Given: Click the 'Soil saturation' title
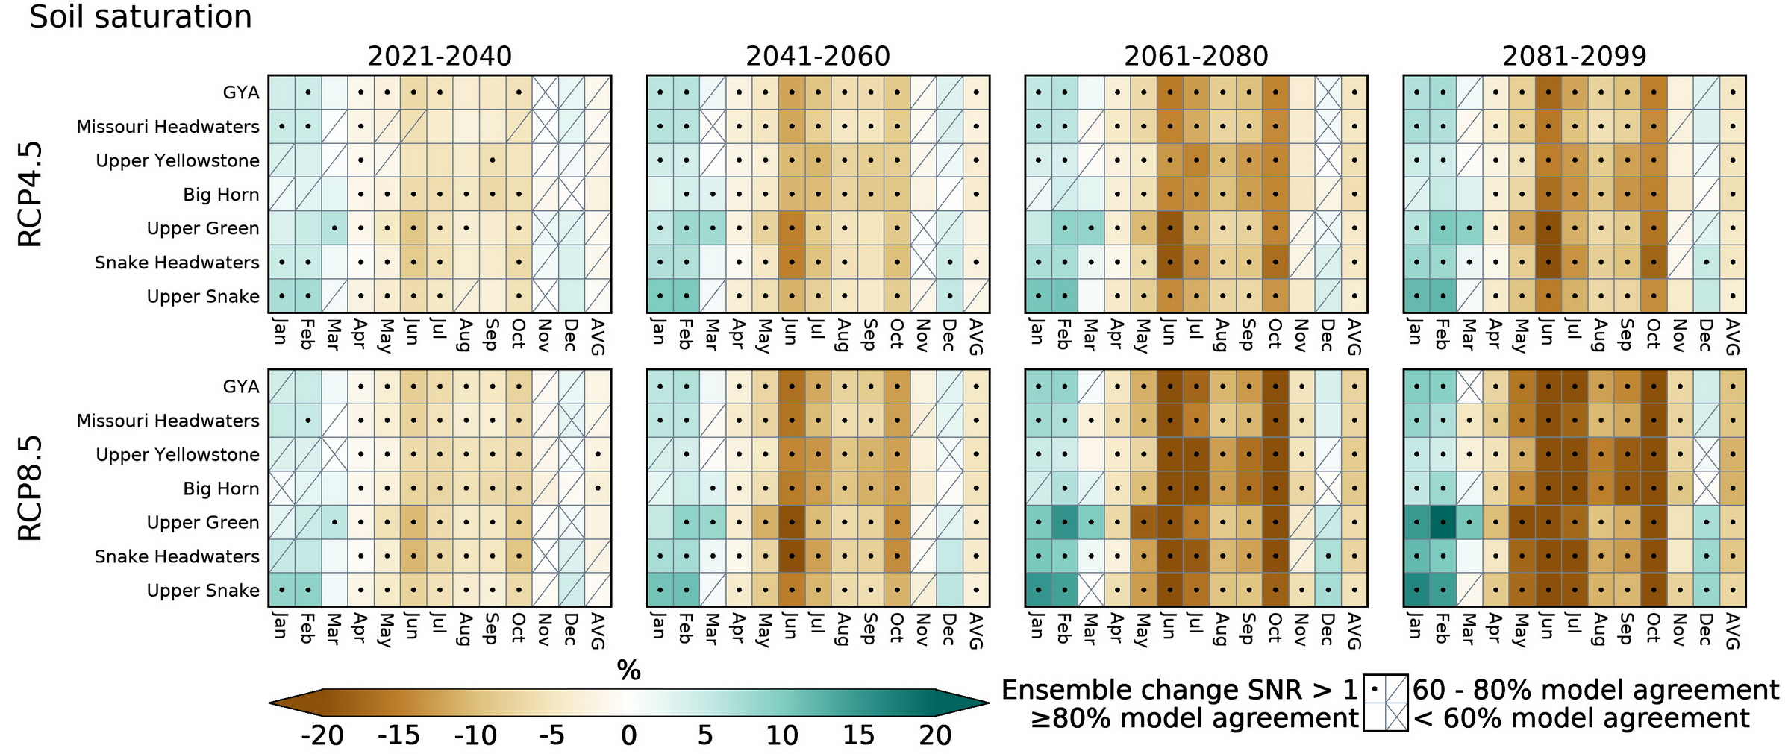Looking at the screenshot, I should click(x=140, y=17).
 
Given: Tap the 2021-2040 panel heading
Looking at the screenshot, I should click(x=440, y=57).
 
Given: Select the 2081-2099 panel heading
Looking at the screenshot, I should click(x=1575, y=57).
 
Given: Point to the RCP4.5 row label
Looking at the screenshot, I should click(x=31, y=194).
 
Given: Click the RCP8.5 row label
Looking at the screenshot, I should click(x=31, y=488).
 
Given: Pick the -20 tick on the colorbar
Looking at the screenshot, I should click(x=322, y=736).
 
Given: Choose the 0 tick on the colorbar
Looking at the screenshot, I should click(x=628, y=736).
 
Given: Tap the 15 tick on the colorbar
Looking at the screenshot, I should click(x=858, y=736).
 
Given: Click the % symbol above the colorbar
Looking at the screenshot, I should click(x=628, y=671).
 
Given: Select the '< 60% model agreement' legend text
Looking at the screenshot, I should click(x=1581, y=719).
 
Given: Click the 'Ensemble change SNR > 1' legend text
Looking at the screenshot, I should click(x=1179, y=691).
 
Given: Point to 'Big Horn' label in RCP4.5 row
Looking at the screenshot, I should click(x=221, y=195).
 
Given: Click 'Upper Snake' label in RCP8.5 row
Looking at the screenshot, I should click(x=203, y=591).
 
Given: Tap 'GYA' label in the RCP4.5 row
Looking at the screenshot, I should click(x=241, y=92).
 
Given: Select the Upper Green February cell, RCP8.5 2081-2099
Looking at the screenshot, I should click(x=1443, y=522).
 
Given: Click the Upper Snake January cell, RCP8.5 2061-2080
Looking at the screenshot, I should click(x=1038, y=590).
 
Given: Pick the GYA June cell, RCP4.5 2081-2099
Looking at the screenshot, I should click(x=1548, y=92).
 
